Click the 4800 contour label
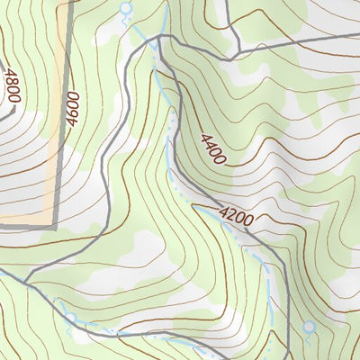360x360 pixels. coord(11,86)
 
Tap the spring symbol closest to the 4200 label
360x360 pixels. coord(309,328)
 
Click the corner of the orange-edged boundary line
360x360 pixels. coord(54,224)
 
